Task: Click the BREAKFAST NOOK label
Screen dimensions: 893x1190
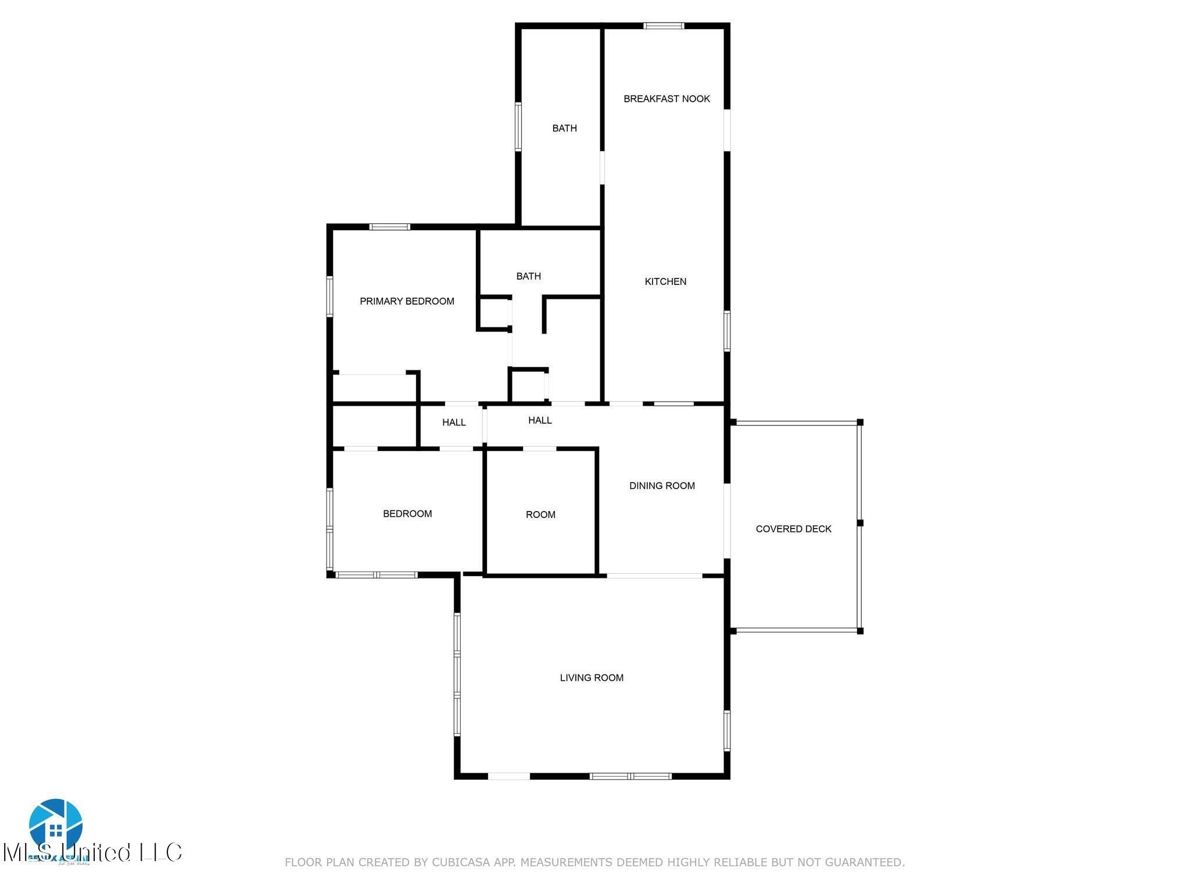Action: pos(666,99)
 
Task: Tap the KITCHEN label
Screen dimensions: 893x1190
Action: pos(665,281)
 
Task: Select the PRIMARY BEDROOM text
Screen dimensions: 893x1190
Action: pos(407,301)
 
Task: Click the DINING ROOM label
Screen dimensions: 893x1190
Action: pos(662,485)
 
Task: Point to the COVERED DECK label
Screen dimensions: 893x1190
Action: pos(793,528)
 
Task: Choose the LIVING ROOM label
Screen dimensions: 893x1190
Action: pos(592,677)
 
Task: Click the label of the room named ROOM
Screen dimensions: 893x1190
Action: pos(540,515)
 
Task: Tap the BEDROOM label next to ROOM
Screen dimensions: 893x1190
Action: pos(407,513)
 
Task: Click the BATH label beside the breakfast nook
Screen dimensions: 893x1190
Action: pos(564,128)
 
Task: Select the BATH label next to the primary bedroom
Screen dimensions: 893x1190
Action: pos(528,276)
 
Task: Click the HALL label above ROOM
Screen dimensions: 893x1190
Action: pos(540,420)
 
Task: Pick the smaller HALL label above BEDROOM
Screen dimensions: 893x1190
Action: pos(454,422)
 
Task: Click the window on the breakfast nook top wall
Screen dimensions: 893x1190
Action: pos(664,26)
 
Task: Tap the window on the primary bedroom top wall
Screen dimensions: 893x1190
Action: pos(390,227)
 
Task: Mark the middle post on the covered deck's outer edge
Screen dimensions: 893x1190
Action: pos(860,523)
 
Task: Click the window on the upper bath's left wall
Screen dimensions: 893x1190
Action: pos(518,126)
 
